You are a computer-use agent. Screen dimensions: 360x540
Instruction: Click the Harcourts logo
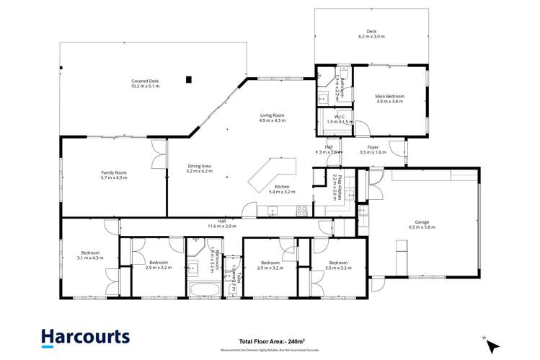(x=85, y=336)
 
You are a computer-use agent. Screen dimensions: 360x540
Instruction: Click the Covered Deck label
(x=145, y=84)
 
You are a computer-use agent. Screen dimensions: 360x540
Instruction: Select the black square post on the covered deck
(x=188, y=79)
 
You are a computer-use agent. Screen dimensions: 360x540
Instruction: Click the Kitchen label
(x=282, y=189)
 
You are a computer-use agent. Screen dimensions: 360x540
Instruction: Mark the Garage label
(x=422, y=224)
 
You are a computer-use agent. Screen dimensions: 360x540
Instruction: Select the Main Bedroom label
(x=389, y=99)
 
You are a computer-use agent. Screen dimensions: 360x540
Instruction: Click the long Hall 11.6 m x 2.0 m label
(x=222, y=224)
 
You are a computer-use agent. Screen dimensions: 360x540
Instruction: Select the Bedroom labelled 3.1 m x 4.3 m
(x=90, y=255)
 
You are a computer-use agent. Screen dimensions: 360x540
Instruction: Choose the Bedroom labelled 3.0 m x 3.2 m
(x=337, y=265)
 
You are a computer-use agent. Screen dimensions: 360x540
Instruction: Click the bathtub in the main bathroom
(x=205, y=291)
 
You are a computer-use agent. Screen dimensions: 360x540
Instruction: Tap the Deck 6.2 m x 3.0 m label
(x=371, y=34)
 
